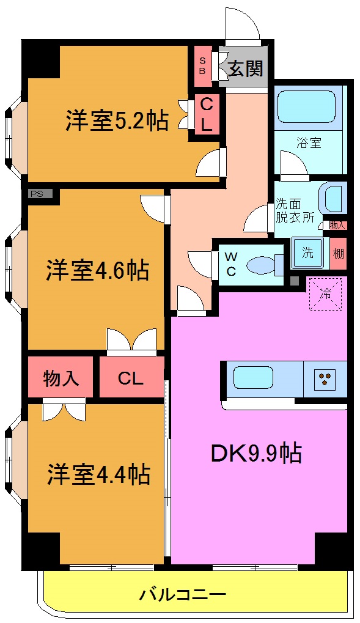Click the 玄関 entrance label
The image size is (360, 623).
(x=246, y=68)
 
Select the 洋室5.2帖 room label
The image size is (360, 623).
(x=117, y=120)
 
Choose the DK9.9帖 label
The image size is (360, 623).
(x=255, y=453)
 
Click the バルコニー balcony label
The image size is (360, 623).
(x=183, y=594)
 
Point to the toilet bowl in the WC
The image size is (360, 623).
(x=263, y=265)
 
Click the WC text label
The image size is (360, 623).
(x=231, y=264)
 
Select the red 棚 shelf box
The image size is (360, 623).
(x=338, y=253)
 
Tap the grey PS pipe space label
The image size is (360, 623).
(x=37, y=194)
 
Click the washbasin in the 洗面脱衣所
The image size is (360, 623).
(x=334, y=199)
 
